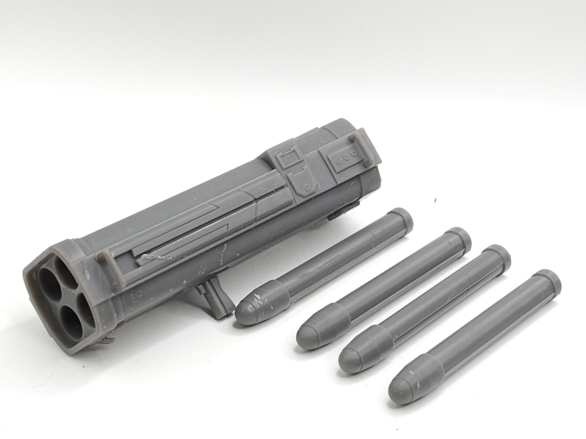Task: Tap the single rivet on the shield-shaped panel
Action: point(307,188)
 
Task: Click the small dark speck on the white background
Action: point(435,200)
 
